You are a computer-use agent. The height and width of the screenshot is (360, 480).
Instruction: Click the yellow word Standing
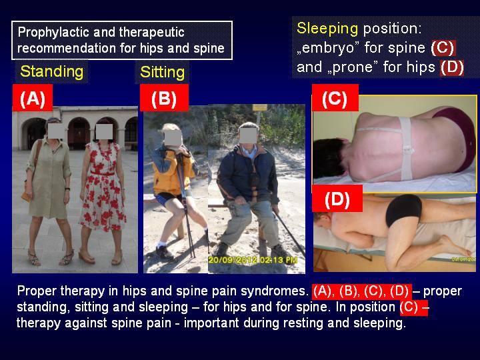pyautogui.click(x=52, y=72)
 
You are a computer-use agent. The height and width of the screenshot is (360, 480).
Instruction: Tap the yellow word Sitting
pyautogui.click(x=162, y=73)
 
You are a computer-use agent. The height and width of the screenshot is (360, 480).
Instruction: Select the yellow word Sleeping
pyautogui.click(x=327, y=29)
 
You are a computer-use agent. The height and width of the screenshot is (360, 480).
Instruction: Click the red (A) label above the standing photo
pyautogui.click(x=33, y=98)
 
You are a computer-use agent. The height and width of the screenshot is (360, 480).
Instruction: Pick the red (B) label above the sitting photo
pyautogui.click(x=164, y=98)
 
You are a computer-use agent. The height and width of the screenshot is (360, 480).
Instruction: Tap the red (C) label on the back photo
pyautogui.click(x=335, y=98)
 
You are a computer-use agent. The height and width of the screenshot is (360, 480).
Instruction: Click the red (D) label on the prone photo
pyautogui.click(x=337, y=199)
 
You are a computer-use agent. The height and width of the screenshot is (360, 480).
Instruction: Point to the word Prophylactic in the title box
pyautogui.click(x=53, y=33)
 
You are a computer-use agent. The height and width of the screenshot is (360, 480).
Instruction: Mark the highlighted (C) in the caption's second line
pyautogui.click(x=409, y=307)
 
